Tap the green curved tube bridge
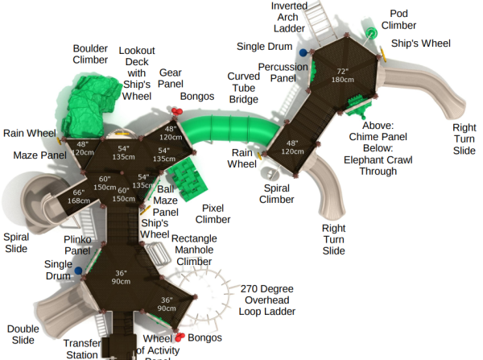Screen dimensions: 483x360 230,130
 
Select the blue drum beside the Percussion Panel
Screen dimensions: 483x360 303,53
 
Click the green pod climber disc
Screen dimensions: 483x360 371,32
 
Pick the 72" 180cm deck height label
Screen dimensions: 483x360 343,76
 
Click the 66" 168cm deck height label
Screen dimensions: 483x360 79,197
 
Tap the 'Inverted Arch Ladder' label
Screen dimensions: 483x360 289,17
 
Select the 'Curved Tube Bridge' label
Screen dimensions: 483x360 243,88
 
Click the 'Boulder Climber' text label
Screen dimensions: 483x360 90,54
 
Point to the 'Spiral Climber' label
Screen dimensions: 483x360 277,194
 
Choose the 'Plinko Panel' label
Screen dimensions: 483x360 77,245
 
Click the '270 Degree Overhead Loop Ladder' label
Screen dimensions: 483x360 266,300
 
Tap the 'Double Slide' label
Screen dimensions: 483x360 23,334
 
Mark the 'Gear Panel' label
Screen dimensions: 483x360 171,78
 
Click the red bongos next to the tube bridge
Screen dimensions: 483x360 177,111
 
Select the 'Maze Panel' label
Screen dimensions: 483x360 39,155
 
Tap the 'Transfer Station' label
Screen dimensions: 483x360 82,350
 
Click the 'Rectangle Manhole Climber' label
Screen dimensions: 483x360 194,250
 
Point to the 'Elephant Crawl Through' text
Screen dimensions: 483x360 378,166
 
